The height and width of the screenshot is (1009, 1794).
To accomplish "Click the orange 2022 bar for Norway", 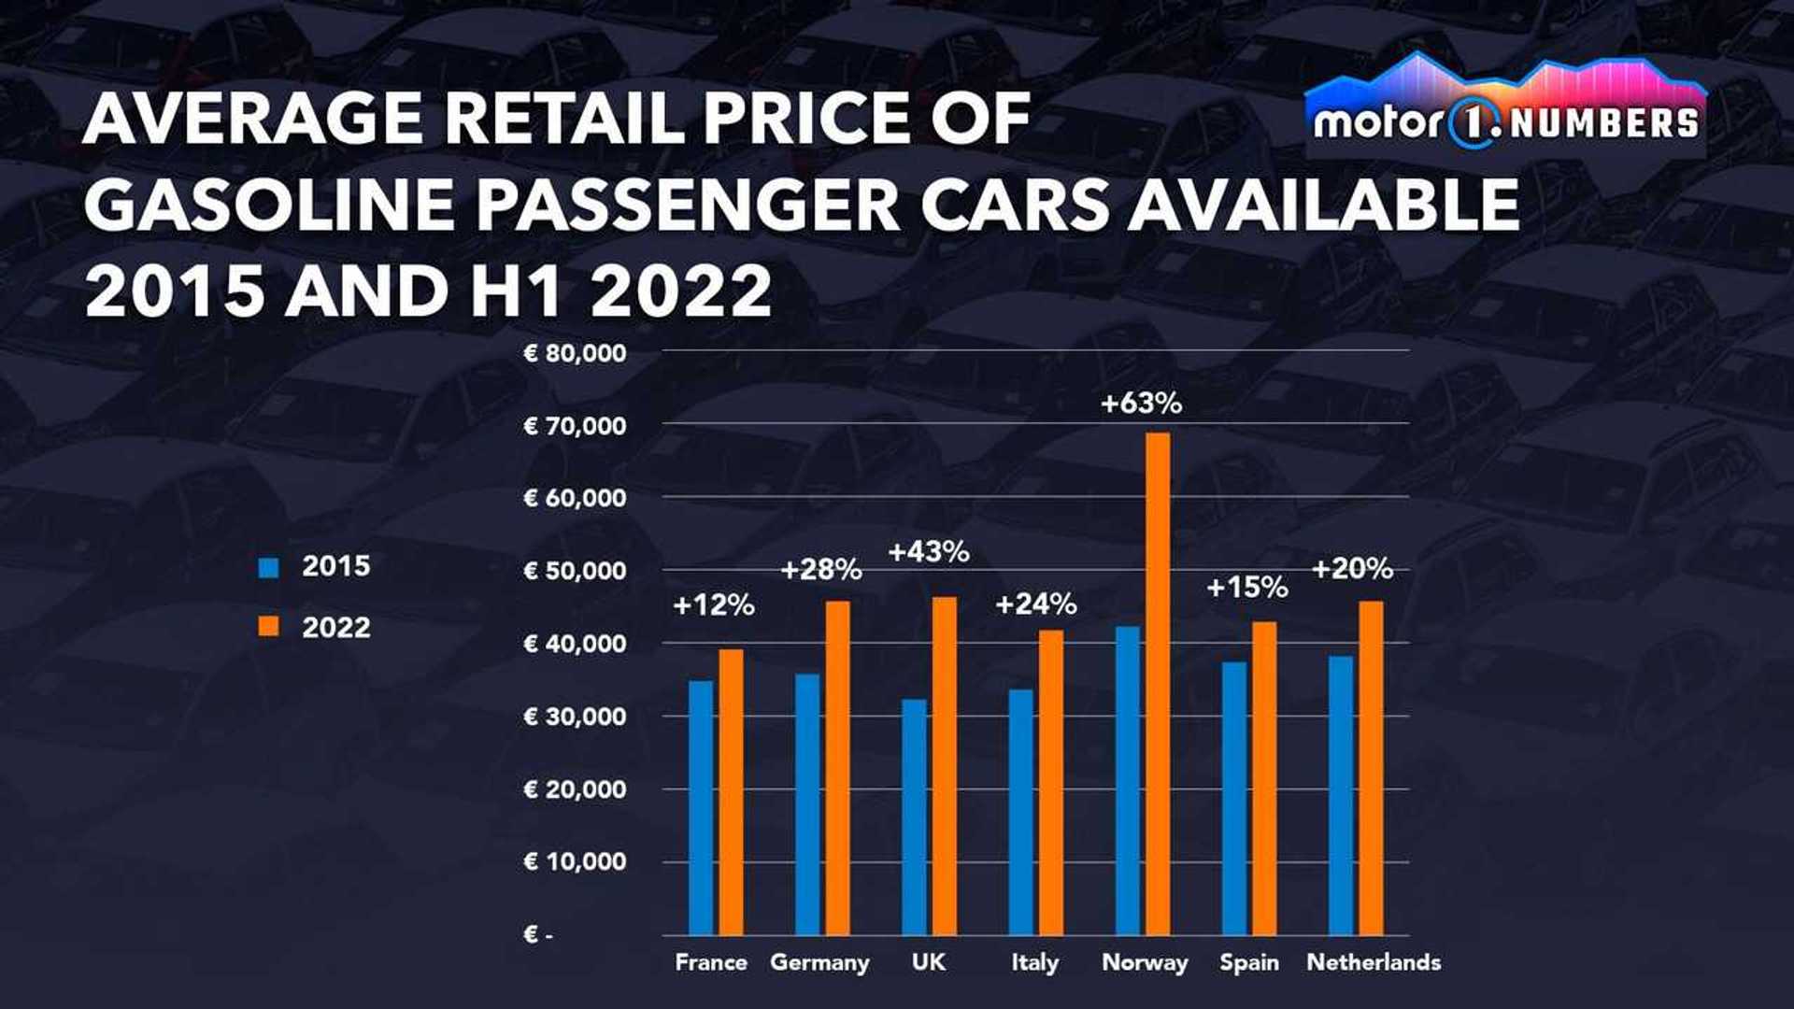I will click(x=1158, y=683).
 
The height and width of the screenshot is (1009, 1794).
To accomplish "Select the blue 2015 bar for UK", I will click(x=915, y=817).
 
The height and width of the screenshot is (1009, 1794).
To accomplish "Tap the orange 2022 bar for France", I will click(x=731, y=791).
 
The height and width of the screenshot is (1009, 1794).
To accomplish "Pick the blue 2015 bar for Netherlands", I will click(x=1341, y=795).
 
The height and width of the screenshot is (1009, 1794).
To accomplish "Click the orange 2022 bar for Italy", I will click(x=1051, y=782).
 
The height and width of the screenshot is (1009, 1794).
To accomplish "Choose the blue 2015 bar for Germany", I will click(x=807, y=803).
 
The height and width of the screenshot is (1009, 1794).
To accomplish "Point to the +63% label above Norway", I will click(x=1141, y=404).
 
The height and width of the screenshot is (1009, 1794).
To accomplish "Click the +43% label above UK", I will click(x=928, y=552).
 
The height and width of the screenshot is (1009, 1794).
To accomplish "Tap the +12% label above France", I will click(x=713, y=605).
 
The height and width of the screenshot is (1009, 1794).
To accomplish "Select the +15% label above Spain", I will click(x=1246, y=588).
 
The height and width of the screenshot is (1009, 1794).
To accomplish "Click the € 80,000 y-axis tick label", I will click(x=575, y=353).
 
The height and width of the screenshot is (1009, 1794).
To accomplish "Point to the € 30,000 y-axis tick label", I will click(x=575, y=717).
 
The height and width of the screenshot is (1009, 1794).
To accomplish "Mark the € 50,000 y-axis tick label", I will click(x=575, y=571).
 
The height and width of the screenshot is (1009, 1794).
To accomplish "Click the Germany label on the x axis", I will click(x=819, y=962).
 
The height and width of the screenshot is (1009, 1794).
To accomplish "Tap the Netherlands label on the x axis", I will click(x=1374, y=962).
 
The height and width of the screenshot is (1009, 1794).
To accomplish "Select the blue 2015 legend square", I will click(x=269, y=567).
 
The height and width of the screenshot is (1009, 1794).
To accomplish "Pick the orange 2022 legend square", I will click(x=269, y=628).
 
